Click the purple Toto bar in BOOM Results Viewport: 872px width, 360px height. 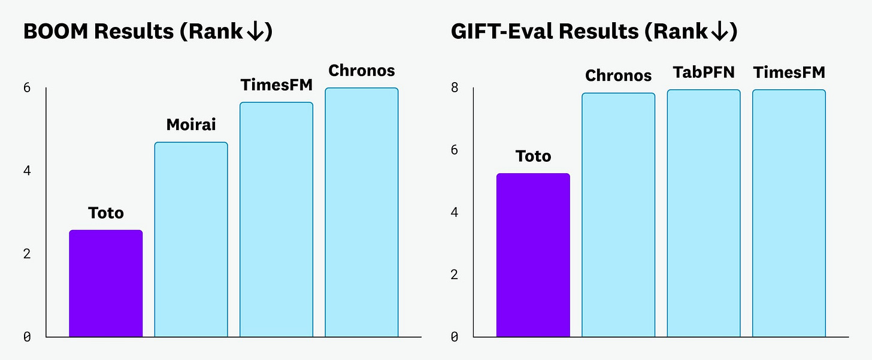[106, 283]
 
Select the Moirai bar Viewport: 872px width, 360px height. [191, 240]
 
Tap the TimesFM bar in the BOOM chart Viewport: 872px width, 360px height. [276, 219]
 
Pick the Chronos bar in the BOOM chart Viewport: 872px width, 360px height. [362, 212]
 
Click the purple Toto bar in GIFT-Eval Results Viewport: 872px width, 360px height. [533, 255]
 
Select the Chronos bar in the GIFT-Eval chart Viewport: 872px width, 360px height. [619, 215]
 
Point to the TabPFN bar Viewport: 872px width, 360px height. [704, 213]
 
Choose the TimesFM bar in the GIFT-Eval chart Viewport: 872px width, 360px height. [789, 213]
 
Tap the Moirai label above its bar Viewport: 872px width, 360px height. [191, 125]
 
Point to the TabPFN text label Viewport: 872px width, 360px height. [704, 73]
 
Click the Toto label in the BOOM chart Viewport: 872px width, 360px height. [106, 213]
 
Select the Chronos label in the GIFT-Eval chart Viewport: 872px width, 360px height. [619, 75]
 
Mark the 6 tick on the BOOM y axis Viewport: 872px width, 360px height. [27, 88]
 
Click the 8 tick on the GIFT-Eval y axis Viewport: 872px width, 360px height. [455, 88]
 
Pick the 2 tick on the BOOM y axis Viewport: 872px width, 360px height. [27, 254]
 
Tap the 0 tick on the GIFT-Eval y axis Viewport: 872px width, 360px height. [455, 337]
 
